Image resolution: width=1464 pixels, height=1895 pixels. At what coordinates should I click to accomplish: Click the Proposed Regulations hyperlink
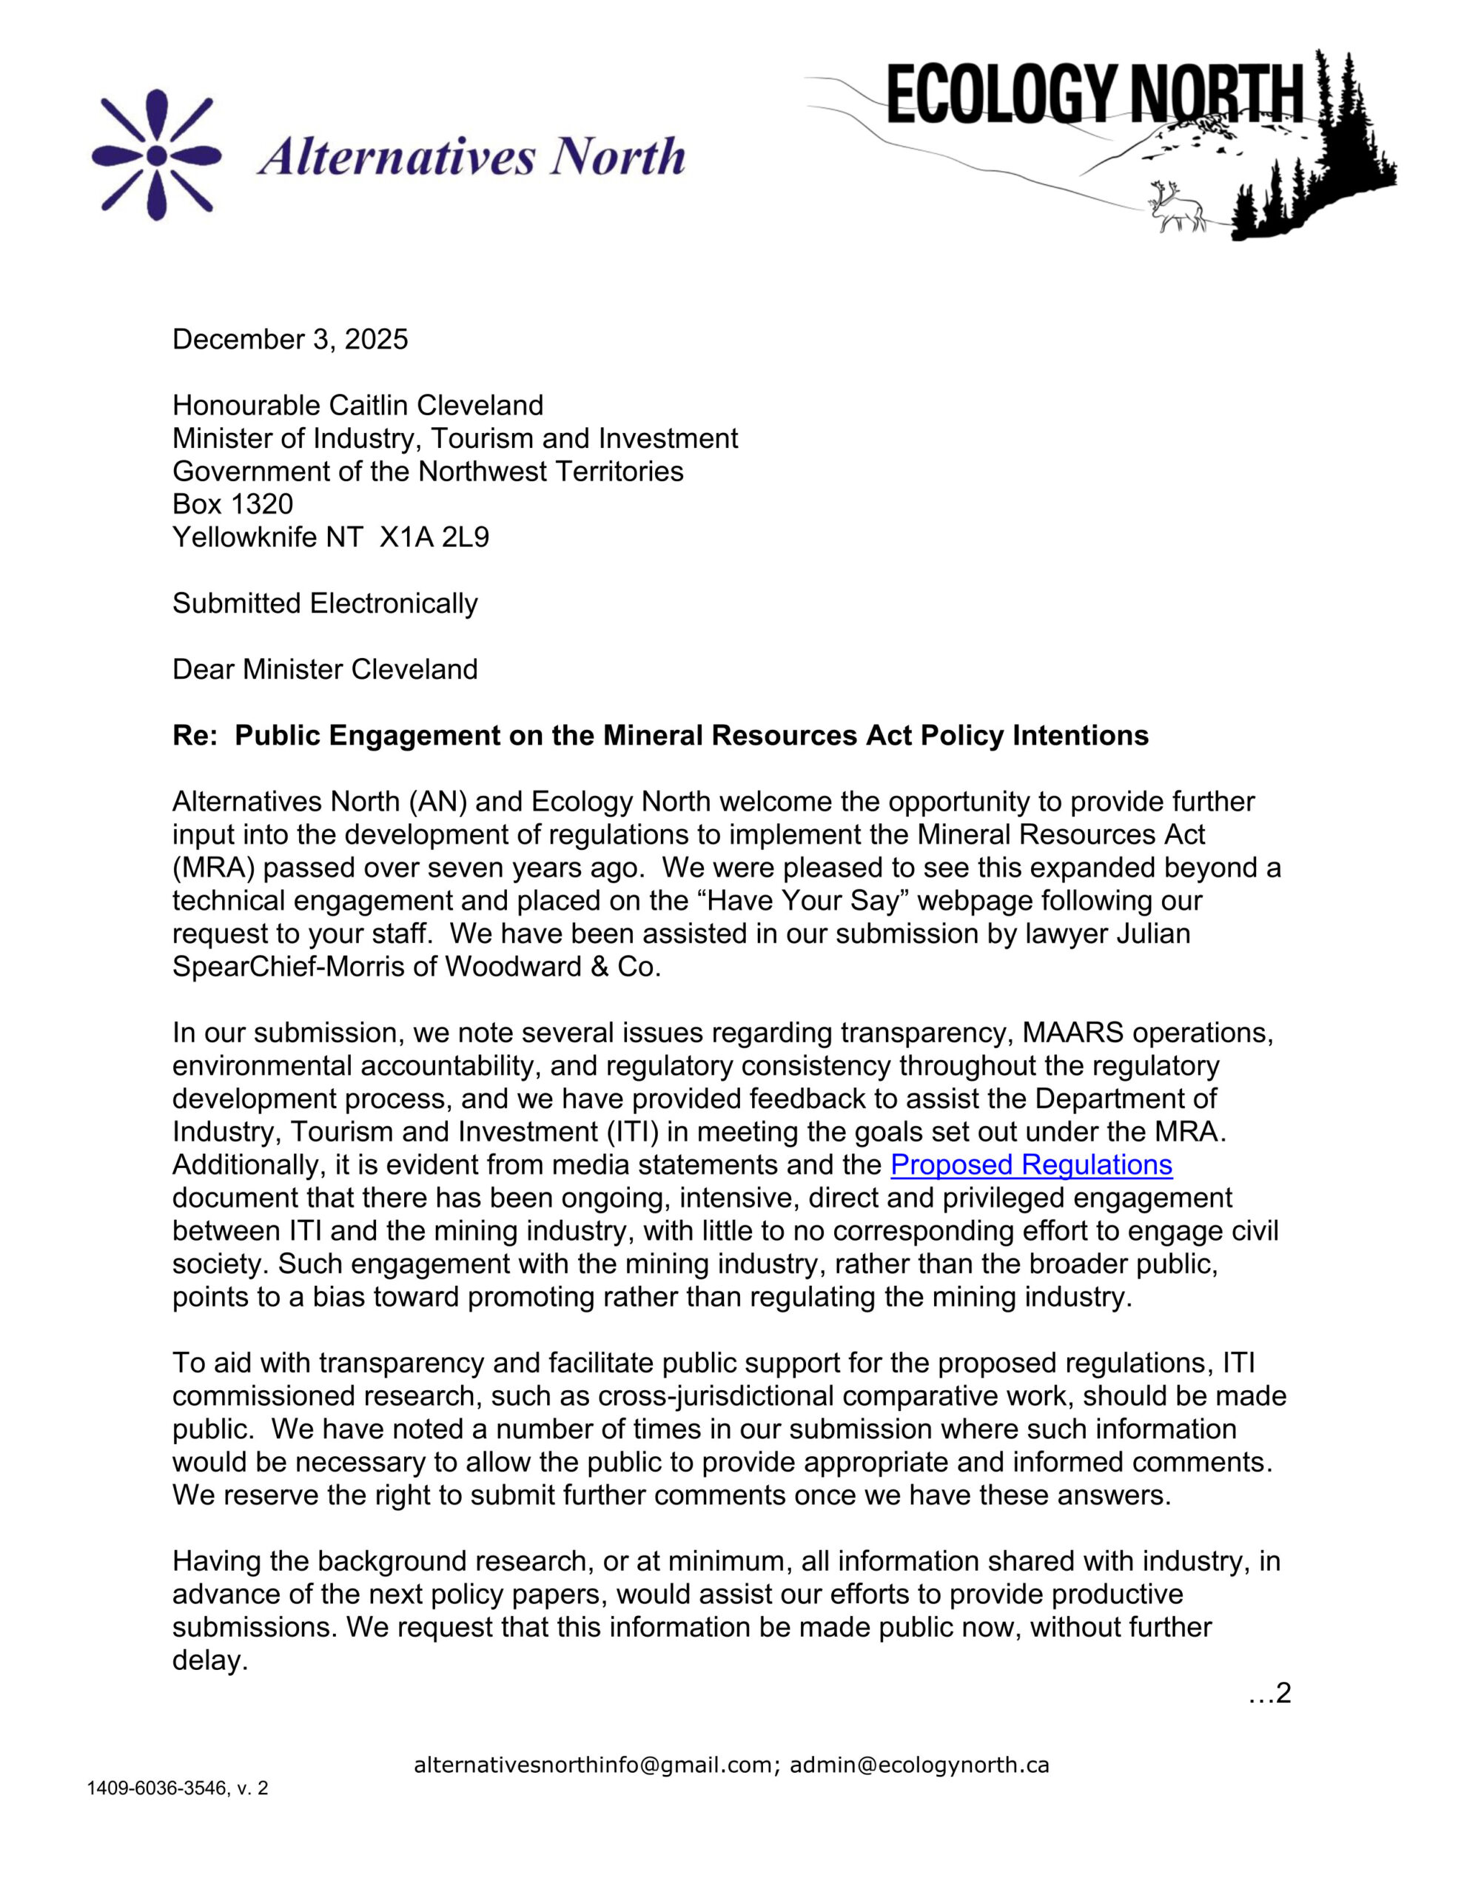(x=1031, y=1164)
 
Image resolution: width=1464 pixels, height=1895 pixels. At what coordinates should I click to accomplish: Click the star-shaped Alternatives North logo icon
(x=156, y=155)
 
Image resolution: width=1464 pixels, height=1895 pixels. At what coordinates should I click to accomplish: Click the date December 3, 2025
(x=290, y=339)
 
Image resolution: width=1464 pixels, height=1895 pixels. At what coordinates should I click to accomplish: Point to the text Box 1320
(x=232, y=504)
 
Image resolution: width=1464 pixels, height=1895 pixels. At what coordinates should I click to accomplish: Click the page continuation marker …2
(x=1269, y=1693)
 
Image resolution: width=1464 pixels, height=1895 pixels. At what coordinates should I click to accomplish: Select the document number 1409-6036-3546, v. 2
(x=177, y=1788)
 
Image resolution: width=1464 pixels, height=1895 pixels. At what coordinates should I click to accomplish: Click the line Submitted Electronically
(x=325, y=604)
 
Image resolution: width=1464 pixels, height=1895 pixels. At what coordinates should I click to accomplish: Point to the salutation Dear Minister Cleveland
(x=325, y=670)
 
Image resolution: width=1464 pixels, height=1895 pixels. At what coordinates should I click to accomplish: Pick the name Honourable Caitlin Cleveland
(x=357, y=405)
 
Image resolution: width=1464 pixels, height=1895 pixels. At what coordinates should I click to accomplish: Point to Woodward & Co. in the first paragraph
(x=553, y=967)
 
